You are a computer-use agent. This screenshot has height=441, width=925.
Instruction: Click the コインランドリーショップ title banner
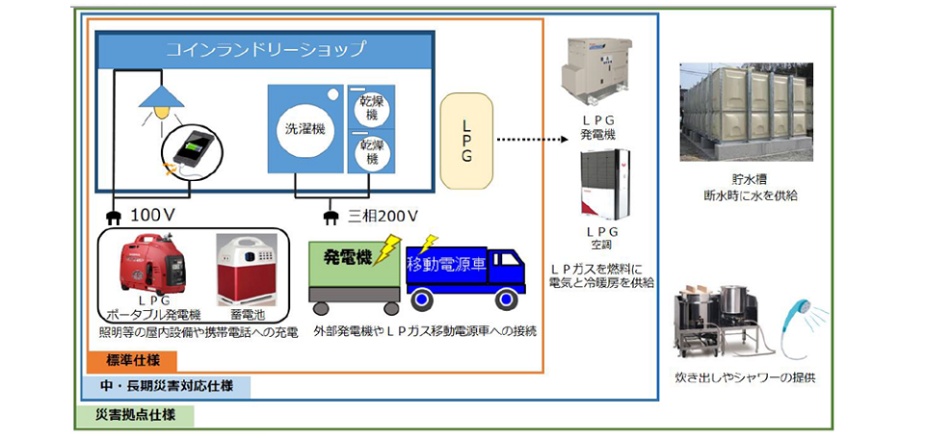coord(265,49)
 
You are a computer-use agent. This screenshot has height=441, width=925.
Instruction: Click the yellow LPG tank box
coord(466,142)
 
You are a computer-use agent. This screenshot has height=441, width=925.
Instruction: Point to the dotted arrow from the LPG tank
coord(530,142)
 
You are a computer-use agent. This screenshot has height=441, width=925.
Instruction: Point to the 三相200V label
coord(383,214)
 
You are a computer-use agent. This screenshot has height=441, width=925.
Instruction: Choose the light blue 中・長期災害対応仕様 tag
coord(166,387)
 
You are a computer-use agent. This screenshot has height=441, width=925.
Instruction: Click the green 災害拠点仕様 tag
coord(135,415)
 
